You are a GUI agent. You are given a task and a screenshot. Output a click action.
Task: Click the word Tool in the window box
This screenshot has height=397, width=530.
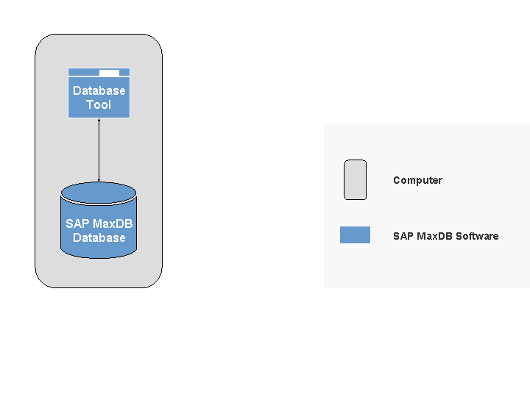[x=99, y=105]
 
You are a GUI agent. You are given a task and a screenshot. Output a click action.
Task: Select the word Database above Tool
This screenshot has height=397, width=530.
[x=99, y=91]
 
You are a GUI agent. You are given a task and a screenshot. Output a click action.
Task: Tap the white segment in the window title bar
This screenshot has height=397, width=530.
[x=109, y=72]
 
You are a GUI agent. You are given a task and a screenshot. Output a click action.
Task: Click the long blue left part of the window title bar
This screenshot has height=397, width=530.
[x=83, y=72]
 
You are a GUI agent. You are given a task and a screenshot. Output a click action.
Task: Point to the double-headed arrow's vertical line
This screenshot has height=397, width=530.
[x=99, y=150]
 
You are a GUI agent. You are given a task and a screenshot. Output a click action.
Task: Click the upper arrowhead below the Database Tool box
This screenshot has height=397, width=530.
[x=99, y=121]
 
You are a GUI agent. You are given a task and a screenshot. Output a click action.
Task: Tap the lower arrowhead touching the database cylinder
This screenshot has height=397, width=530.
[x=99, y=179]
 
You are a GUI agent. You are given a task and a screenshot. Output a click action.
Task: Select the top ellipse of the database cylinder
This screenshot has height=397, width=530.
[x=99, y=193]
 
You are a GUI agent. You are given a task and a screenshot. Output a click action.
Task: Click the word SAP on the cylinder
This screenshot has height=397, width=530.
[x=77, y=223]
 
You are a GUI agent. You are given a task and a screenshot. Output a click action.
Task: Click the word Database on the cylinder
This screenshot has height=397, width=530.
[x=99, y=237]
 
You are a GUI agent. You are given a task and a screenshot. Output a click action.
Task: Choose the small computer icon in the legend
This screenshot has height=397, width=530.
[x=355, y=179]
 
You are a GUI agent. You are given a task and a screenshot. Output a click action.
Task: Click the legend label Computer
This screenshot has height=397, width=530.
[x=417, y=180]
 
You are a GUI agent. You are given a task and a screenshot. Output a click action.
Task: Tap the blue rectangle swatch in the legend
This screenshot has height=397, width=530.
[x=355, y=235]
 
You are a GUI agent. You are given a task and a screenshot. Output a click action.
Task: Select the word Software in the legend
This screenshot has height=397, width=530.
[x=477, y=236]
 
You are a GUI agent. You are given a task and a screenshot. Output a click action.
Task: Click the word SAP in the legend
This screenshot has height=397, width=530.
[x=403, y=236]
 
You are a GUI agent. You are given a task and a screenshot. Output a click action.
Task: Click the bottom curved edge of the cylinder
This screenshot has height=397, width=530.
[x=99, y=257]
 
